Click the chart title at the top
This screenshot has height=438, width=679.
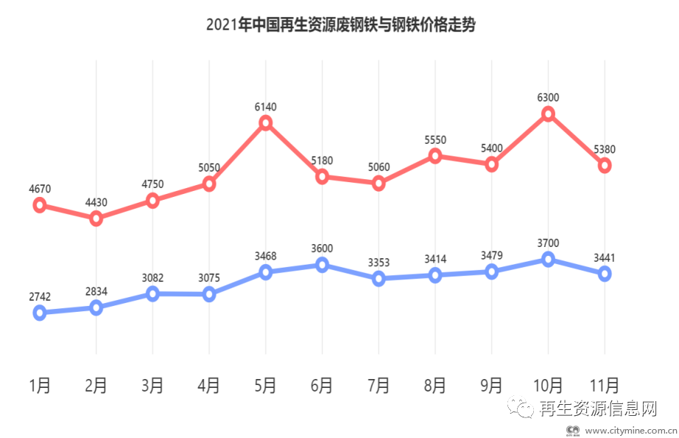pyautogui.click(x=340, y=25)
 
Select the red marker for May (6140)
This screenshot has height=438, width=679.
pyautogui.click(x=266, y=122)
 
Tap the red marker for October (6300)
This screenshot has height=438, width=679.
pyautogui.click(x=548, y=114)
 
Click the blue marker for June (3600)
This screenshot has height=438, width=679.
pyautogui.click(x=322, y=265)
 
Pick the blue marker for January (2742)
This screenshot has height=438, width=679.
pyautogui.click(x=40, y=313)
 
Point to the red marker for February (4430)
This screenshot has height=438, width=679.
pyautogui.click(x=96, y=218)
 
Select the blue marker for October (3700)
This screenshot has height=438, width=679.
pyautogui.click(x=548, y=259)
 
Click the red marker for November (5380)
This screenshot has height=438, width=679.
pyautogui.click(x=605, y=166)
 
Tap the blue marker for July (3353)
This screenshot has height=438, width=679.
pyautogui.click(x=379, y=278)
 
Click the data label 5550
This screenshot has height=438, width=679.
pyautogui.click(x=435, y=140)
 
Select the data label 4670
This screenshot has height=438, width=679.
pyautogui.click(x=40, y=190)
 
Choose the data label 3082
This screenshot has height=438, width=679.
pyautogui.click(x=152, y=278)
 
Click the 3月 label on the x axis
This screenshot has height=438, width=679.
pyautogui.click(x=152, y=385)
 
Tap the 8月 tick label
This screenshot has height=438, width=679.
pyautogui.click(x=435, y=385)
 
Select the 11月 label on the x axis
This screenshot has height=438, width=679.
pyautogui.click(x=605, y=385)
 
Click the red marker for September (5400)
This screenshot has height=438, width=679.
pyautogui.click(x=491, y=164)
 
